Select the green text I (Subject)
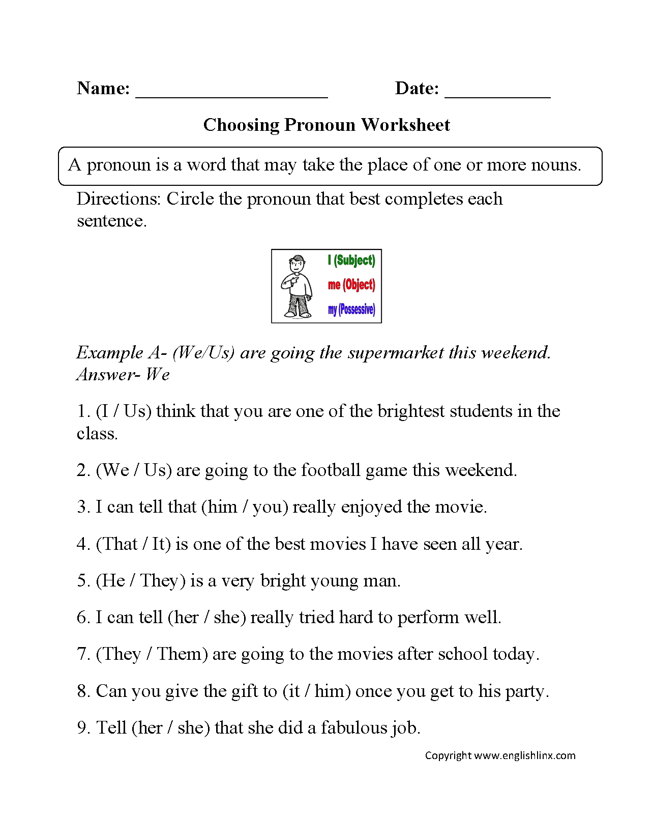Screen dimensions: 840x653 pos(351,260)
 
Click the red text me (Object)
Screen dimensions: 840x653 pos(351,285)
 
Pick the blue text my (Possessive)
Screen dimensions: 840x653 pos(351,309)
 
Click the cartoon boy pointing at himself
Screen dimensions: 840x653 pos(298,286)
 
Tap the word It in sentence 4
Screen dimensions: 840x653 pos(159,544)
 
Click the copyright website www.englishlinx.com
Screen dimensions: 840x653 pos(525,755)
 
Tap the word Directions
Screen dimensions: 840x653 pos(118,199)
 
